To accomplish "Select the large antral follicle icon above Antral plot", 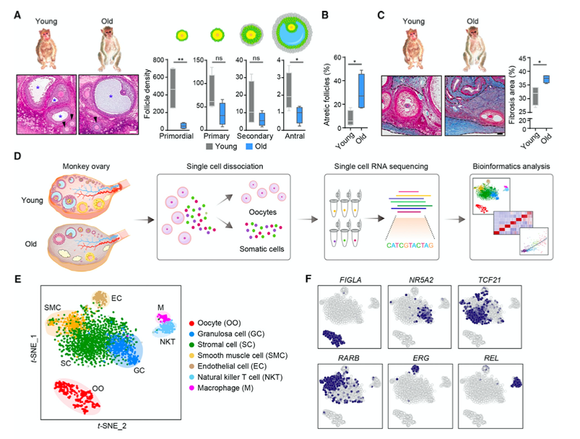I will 292,32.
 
